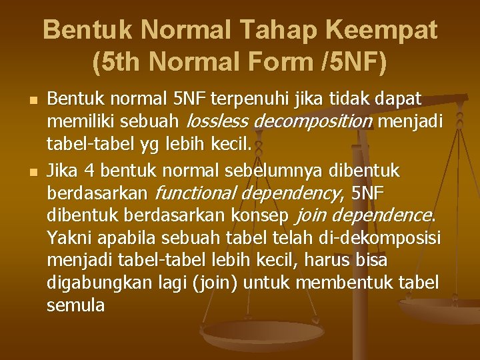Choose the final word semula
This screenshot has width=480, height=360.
tap(76, 306)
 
